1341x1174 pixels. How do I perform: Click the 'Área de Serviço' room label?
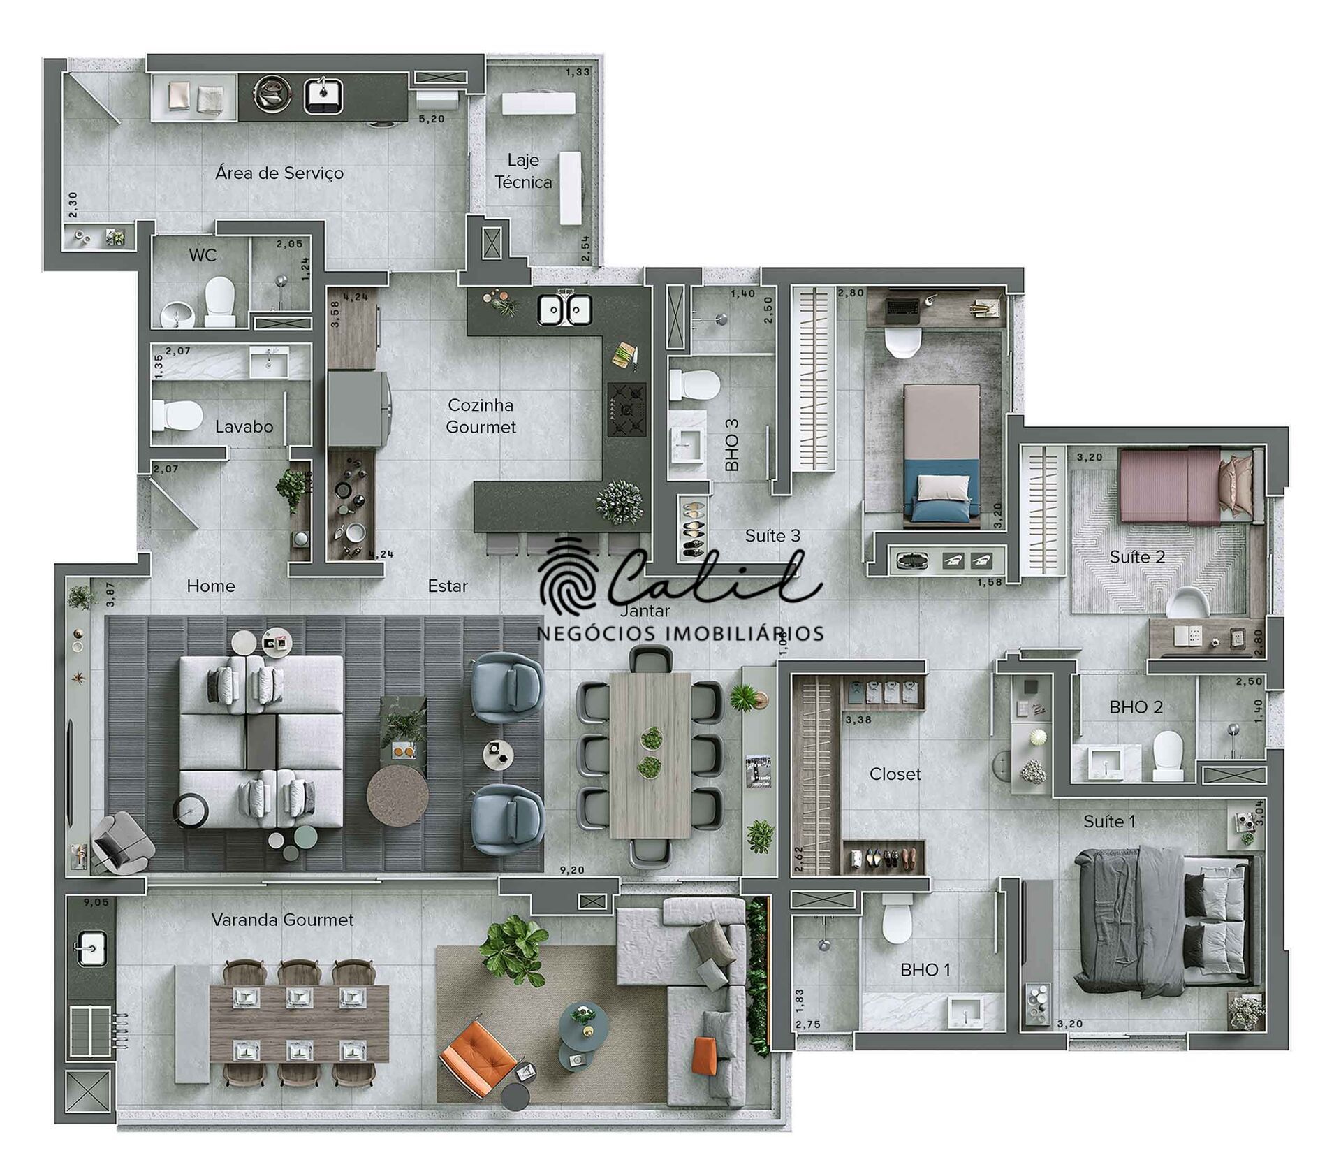pyautogui.click(x=279, y=173)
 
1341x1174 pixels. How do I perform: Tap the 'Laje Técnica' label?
pyautogui.click(x=523, y=171)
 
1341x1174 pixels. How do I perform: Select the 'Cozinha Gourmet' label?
pyautogui.click(x=481, y=416)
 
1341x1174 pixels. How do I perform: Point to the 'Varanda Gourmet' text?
pyautogui.click(x=282, y=920)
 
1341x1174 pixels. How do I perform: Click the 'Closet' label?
pyautogui.click(x=895, y=774)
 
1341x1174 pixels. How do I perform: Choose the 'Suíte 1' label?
pyautogui.click(x=1109, y=821)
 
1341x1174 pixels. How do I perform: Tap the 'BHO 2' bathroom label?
pyautogui.click(x=1136, y=707)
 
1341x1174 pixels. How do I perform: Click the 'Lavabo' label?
pyautogui.click(x=244, y=426)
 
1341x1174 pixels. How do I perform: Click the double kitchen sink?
pyautogui.click(x=564, y=310)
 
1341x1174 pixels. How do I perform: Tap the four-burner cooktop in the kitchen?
pyautogui.click(x=626, y=410)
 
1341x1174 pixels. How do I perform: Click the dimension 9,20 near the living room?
pyautogui.click(x=572, y=870)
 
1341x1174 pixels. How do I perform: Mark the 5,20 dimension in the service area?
pyautogui.click(x=431, y=119)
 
